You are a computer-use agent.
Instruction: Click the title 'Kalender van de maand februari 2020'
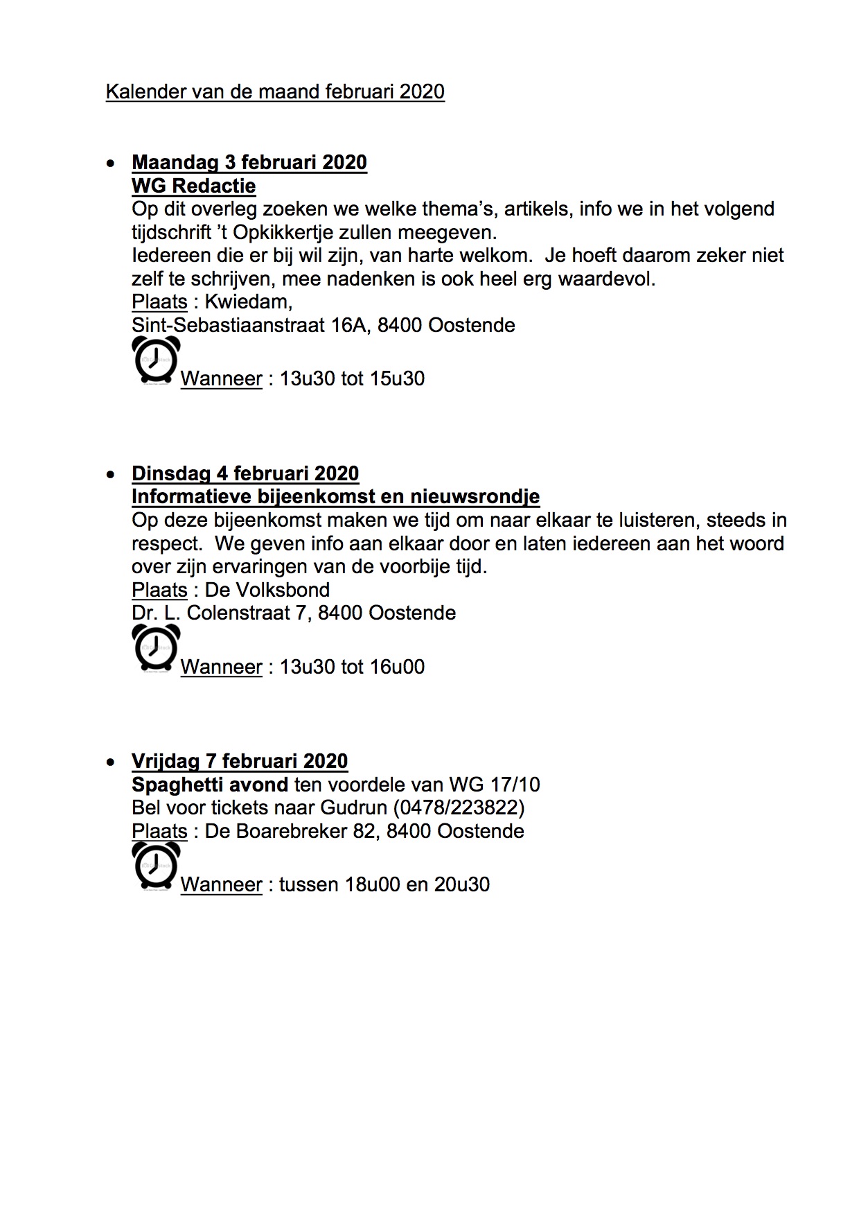click(275, 92)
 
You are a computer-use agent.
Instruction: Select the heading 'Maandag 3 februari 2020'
click(249, 162)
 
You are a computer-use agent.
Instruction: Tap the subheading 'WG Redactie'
click(193, 186)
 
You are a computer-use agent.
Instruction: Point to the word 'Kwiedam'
click(247, 302)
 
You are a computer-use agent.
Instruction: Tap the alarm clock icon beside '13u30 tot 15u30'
click(156, 360)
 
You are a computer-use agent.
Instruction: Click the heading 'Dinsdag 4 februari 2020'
click(245, 473)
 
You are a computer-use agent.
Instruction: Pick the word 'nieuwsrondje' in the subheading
click(475, 497)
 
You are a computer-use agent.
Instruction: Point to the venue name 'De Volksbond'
click(267, 591)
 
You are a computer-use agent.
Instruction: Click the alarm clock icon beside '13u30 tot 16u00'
click(156, 648)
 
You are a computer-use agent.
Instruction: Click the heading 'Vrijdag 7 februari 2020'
click(240, 761)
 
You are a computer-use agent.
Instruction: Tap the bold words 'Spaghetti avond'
click(210, 785)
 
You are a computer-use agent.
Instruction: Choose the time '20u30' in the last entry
click(462, 885)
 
